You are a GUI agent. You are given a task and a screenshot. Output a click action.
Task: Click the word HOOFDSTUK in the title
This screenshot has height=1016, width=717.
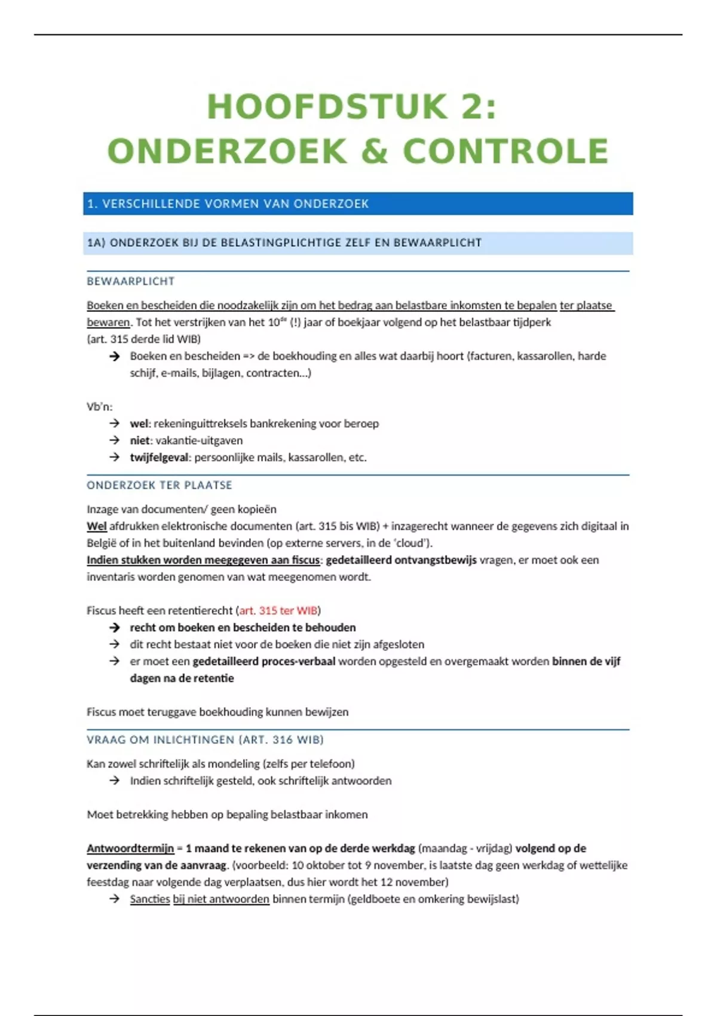(327, 107)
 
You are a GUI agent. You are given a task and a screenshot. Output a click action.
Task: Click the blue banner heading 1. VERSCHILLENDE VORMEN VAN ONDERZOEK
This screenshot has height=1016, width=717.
(228, 204)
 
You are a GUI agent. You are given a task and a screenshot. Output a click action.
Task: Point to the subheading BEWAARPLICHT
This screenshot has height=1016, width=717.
(131, 281)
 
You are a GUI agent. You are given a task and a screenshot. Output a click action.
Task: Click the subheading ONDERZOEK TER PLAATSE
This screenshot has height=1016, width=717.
(160, 485)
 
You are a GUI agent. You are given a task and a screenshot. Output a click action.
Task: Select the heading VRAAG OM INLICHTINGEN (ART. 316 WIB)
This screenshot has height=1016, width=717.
(205, 739)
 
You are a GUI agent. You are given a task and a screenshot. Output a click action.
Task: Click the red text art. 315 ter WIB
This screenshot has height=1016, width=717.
(278, 610)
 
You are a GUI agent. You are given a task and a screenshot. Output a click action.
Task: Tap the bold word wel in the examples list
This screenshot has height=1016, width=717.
(139, 423)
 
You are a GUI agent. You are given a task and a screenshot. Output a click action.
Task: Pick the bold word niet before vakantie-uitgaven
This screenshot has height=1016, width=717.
(140, 440)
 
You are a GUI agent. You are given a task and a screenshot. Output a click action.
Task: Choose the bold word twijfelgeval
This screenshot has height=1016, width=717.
(159, 457)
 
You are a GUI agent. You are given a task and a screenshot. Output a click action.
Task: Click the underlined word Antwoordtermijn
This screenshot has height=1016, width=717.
(130, 848)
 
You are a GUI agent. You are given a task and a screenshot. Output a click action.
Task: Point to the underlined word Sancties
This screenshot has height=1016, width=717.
(150, 899)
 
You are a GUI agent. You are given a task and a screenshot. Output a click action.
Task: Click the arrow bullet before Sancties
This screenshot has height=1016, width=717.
(115, 899)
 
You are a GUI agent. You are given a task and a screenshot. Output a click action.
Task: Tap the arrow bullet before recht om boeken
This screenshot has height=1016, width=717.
(115, 628)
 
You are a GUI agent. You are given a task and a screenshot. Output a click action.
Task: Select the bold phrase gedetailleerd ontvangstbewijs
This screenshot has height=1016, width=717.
(401, 560)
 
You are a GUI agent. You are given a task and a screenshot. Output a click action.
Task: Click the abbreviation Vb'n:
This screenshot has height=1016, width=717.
(100, 406)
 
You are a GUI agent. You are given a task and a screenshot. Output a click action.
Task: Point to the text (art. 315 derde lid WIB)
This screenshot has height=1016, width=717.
(143, 339)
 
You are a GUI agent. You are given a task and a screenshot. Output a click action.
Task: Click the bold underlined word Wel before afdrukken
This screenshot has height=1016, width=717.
(97, 526)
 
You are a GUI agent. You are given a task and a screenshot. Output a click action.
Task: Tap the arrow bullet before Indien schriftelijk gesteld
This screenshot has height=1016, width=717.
(115, 781)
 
